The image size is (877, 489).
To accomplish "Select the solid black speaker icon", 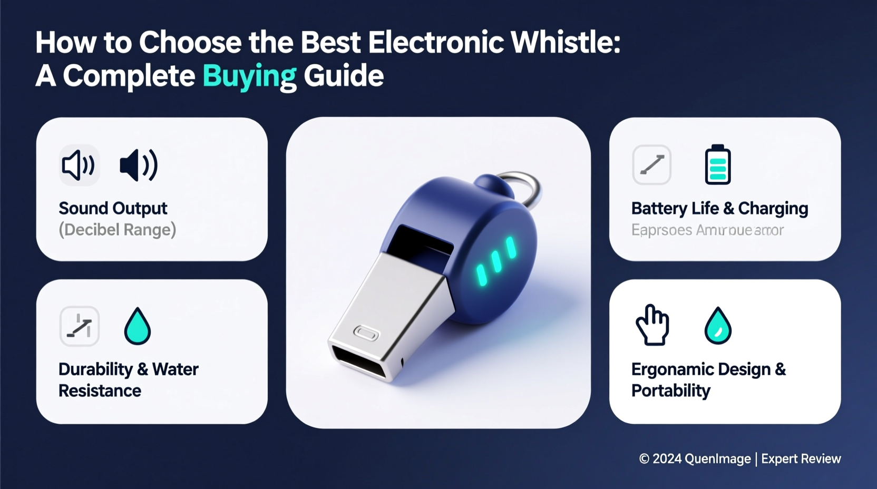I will click(x=138, y=165).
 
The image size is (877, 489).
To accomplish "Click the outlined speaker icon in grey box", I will click(x=79, y=165).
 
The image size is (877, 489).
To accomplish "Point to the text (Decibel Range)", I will click(x=117, y=230).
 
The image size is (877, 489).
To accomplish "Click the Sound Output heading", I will click(x=113, y=208).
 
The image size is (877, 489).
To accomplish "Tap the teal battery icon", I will click(x=718, y=165).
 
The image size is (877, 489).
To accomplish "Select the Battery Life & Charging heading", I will click(x=719, y=208).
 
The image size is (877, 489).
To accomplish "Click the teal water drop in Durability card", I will click(x=138, y=326).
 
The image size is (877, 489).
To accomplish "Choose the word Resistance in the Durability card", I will click(x=100, y=391).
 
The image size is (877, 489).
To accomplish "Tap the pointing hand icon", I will click(x=652, y=325).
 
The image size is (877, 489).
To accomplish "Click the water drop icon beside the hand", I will click(x=718, y=326).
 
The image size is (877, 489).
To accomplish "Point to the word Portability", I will click(x=671, y=391).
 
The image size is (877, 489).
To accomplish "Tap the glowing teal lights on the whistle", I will click(x=496, y=260).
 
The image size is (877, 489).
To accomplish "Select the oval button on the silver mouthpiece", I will click(x=366, y=333).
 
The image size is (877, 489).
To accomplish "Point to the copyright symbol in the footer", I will click(x=644, y=459).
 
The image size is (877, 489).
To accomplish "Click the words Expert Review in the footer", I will click(x=801, y=459).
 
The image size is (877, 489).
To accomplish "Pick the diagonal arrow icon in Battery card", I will click(x=652, y=165).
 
